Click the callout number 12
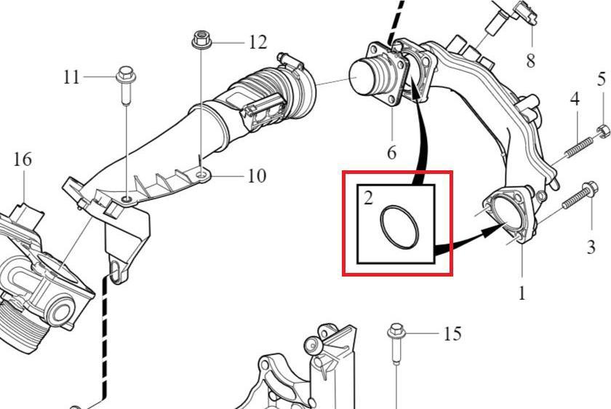(x=258, y=41)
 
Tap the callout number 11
(x=71, y=77)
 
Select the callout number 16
(x=23, y=159)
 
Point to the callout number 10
(x=257, y=176)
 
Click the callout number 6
(x=391, y=152)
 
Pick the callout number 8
(x=531, y=60)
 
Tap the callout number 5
(x=602, y=79)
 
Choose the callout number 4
(x=575, y=99)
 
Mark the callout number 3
(x=591, y=247)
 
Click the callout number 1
(x=522, y=293)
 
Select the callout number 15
(x=452, y=334)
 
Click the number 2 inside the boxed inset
(x=368, y=198)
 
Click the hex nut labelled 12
(x=201, y=40)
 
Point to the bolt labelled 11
(x=125, y=85)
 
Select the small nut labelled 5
(x=602, y=130)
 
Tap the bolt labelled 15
(x=396, y=343)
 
